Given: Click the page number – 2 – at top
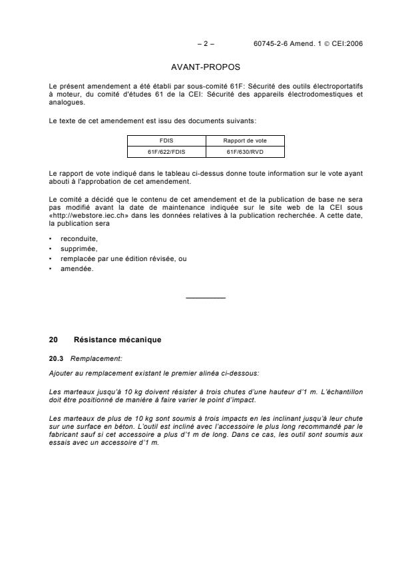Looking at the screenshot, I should click(x=206, y=44).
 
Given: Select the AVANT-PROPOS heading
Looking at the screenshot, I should click(x=206, y=67).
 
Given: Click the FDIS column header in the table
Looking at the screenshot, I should click(x=166, y=141).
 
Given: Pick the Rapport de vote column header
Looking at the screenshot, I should click(x=245, y=141).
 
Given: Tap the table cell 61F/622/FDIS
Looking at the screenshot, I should click(x=166, y=152).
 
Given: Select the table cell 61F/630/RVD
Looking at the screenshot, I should click(x=245, y=152).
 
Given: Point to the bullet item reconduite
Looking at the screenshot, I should click(x=79, y=238).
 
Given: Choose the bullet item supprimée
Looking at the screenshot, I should click(x=79, y=248).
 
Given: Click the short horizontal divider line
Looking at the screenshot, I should click(x=206, y=297).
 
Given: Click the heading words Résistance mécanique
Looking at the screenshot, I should click(x=117, y=340).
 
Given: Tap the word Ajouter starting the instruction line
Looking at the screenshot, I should click(x=61, y=372).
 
